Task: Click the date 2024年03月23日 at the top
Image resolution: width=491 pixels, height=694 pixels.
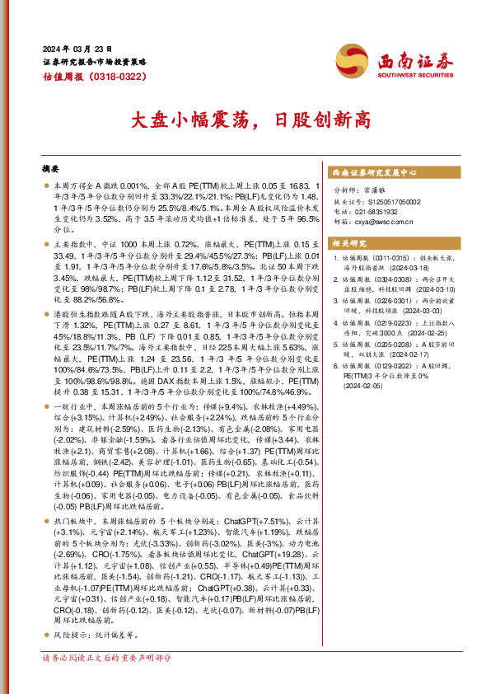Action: [77, 49]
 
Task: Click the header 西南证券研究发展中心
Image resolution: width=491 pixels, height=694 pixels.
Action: [373, 173]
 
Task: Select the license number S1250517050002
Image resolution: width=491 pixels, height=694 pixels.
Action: [387, 200]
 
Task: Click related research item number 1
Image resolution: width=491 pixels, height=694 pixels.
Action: [336, 260]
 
